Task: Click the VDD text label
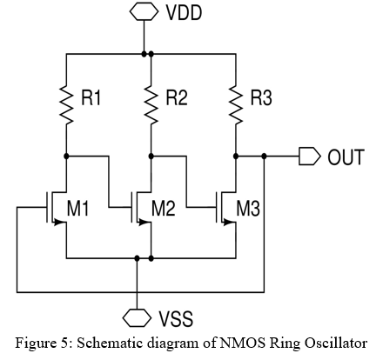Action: tap(184, 13)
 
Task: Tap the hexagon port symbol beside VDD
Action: tap(144, 11)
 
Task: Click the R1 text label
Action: tap(91, 97)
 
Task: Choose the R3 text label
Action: tap(261, 97)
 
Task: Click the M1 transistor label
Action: tap(77, 208)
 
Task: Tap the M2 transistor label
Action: tap(163, 208)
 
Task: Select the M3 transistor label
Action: tap(248, 208)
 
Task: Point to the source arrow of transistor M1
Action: tap(59, 223)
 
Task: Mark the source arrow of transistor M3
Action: tap(229, 223)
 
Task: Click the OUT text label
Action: tap(346, 157)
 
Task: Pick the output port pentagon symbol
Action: tap(310, 157)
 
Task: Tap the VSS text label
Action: tap(176, 318)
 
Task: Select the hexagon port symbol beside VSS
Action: tap(137, 317)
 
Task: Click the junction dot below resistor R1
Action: tap(66, 157)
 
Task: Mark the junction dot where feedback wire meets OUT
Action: tap(264, 157)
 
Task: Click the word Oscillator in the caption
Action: tap(336, 343)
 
